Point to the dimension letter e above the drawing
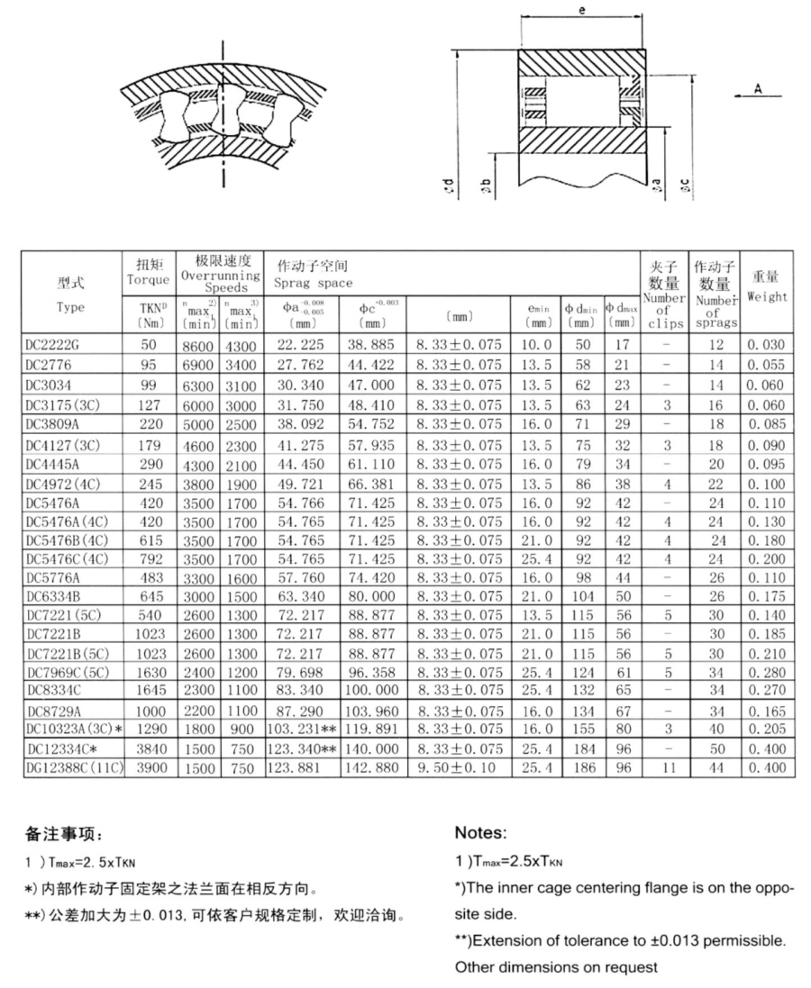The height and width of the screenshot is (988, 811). coord(582,11)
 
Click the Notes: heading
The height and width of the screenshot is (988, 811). coord(481,833)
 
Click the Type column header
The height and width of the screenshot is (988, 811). coord(70,307)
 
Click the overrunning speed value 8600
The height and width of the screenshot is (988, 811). coord(196,344)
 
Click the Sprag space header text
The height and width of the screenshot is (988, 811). coord(314,284)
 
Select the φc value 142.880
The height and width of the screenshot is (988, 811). coord(371,767)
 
